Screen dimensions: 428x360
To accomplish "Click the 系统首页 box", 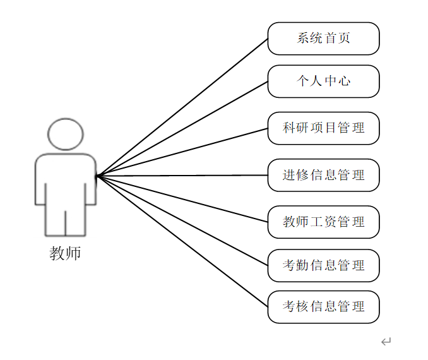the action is click(323, 39).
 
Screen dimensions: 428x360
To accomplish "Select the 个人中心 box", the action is click(323, 81).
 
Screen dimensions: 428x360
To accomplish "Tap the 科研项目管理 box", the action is click(323, 128).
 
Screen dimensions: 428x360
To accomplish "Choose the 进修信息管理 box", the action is click(323, 175).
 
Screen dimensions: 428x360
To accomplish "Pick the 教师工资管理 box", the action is click(323, 222).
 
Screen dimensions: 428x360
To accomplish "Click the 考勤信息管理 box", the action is click(323, 265).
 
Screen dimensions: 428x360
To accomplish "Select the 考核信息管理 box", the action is click(323, 307).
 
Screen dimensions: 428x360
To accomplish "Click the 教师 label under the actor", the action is click(65, 254).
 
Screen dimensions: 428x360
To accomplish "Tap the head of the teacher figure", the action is click(65, 134).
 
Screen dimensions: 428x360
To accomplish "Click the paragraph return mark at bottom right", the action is click(386, 342).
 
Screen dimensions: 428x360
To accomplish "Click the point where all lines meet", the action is click(97, 176).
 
